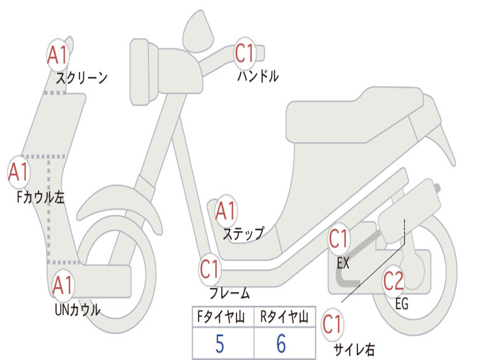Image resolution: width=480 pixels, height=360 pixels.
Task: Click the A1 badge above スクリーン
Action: (58, 55)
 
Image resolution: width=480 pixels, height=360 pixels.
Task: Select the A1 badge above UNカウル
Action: (62, 285)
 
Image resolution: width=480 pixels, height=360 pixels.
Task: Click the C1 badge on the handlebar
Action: (245, 53)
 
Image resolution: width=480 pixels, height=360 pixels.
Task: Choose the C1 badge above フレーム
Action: (210, 269)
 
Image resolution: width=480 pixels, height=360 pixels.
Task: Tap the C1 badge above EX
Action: (338, 239)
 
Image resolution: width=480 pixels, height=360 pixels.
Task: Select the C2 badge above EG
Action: (393, 281)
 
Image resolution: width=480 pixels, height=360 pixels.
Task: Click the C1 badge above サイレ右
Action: (332, 324)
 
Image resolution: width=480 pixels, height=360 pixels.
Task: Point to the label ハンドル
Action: (258, 76)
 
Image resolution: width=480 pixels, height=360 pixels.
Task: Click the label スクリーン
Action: (82, 78)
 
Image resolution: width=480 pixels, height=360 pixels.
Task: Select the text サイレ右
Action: (354, 349)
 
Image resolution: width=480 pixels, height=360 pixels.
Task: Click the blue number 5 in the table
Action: (220, 344)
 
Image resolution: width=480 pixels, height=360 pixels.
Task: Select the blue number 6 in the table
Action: (281, 344)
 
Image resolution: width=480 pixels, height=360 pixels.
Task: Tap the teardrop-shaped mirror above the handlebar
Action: (198, 31)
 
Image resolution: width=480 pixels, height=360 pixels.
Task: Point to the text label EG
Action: (402, 304)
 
